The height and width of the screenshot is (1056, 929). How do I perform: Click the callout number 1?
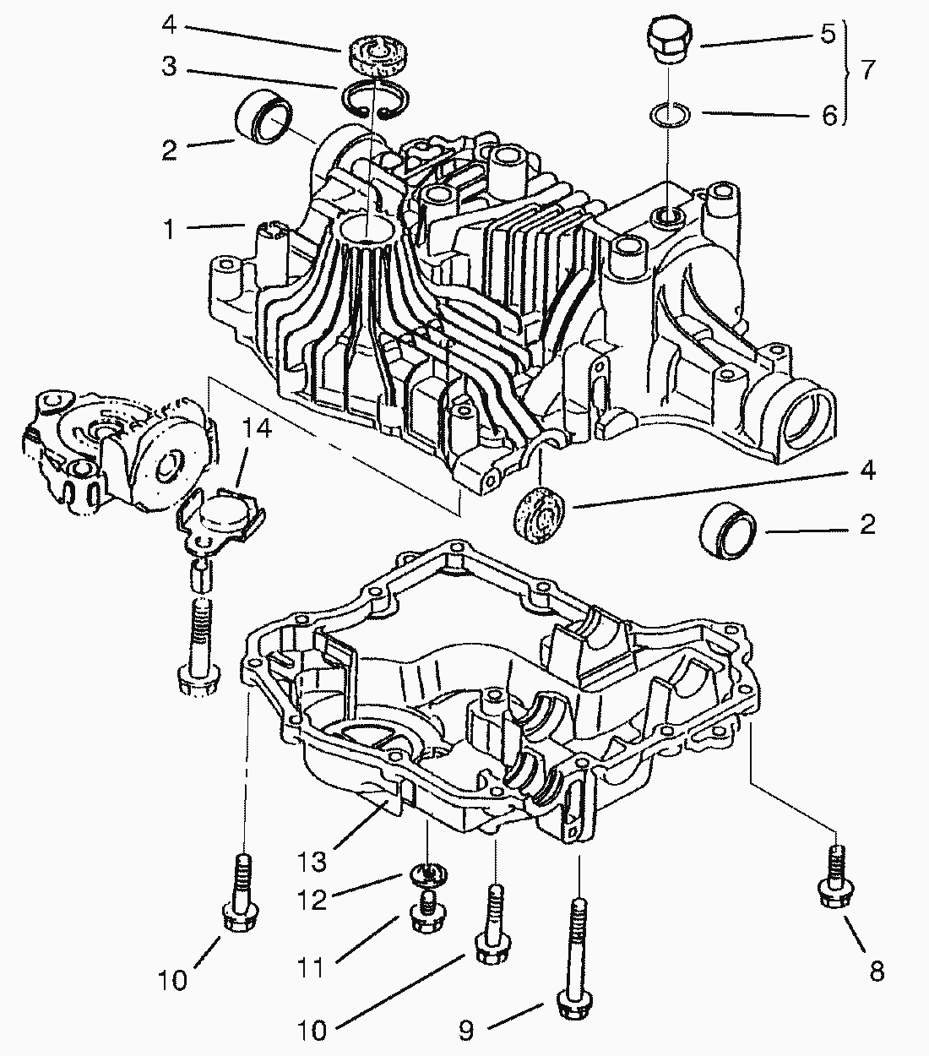pos(169,229)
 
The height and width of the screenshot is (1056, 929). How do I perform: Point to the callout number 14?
pos(258,430)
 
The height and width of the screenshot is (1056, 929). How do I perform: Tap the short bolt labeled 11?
pos(426,911)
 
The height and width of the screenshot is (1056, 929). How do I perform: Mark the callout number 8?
pos(877,972)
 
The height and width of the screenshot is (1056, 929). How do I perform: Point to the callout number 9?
pos(466,1030)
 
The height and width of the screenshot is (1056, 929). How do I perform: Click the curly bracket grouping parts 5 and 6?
pos(847,71)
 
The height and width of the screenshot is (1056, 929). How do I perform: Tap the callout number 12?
pos(312,900)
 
